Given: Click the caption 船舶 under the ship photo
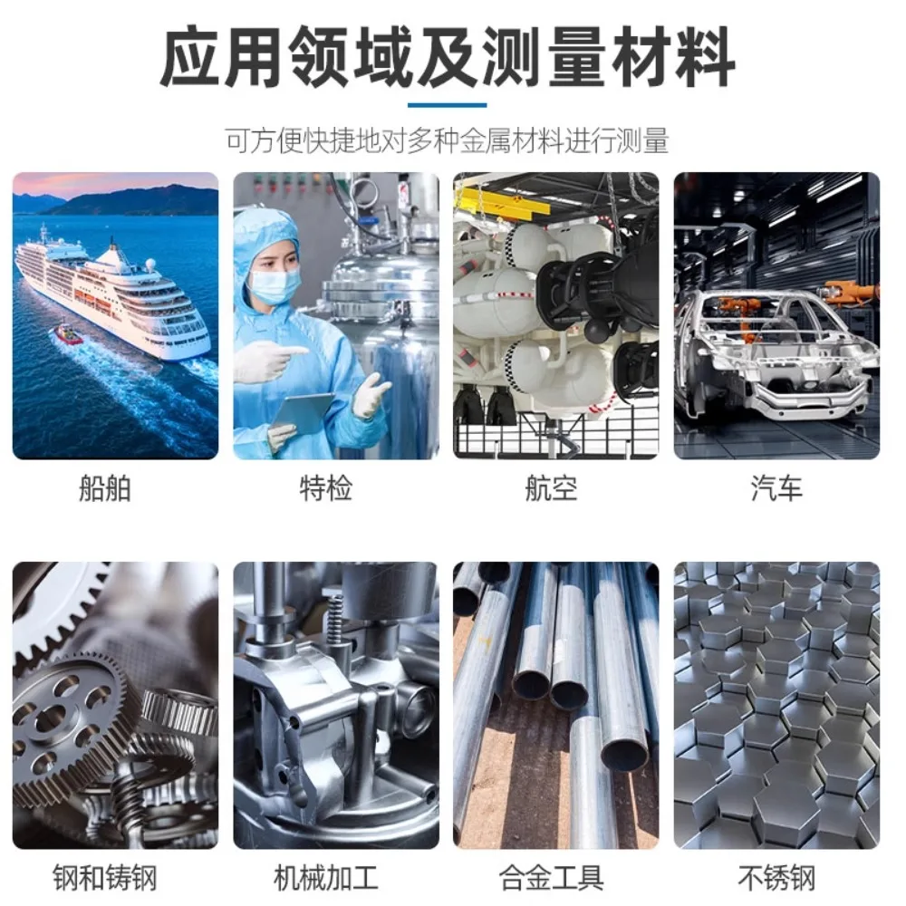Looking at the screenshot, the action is click(x=105, y=488).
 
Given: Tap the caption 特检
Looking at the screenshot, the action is click(x=326, y=488).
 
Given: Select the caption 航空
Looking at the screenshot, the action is click(x=551, y=488).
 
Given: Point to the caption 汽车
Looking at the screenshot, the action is click(x=776, y=488).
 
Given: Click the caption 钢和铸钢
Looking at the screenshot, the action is click(x=105, y=878).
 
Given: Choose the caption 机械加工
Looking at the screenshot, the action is click(x=326, y=878).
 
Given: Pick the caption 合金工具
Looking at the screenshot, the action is click(x=551, y=878).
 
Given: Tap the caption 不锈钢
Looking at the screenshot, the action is click(x=776, y=878).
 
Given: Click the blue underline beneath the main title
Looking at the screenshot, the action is click(x=448, y=105).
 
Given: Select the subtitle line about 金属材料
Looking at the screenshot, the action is click(x=448, y=141).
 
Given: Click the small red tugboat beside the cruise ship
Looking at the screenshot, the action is click(x=68, y=334).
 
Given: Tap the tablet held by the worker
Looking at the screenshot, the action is click(x=302, y=412).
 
